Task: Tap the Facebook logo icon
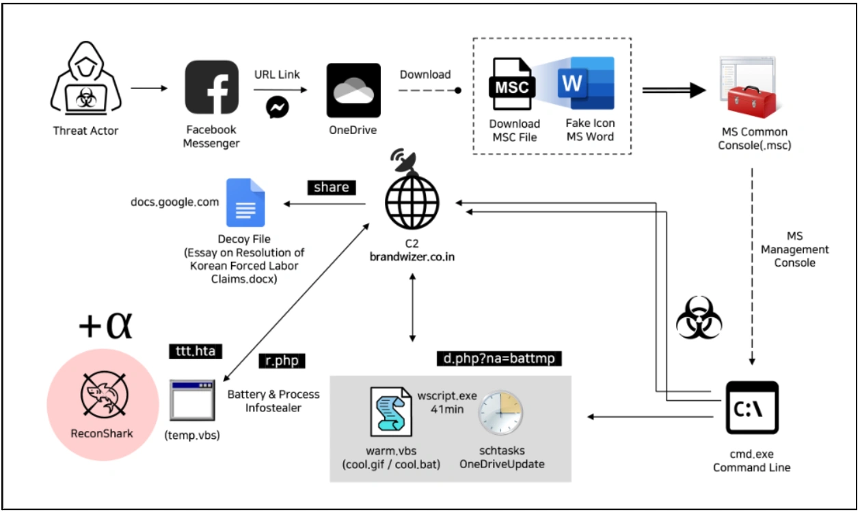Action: [x=211, y=87]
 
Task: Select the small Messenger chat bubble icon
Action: [x=277, y=107]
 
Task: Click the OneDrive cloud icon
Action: [x=353, y=90]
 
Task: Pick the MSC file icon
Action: [x=512, y=83]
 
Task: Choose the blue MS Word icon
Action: [x=586, y=83]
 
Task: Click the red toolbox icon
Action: [x=752, y=102]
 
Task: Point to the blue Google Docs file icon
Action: [x=245, y=202]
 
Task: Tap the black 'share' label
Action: [x=332, y=187]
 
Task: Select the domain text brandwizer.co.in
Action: [x=412, y=257]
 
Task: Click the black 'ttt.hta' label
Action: [x=196, y=351]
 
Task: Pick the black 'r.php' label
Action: [x=282, y=361]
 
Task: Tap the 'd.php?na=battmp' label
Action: [x=499, y=359]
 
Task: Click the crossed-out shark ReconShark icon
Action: [x=104, y=394]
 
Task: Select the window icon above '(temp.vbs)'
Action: [x=192, y=401]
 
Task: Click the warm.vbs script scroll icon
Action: [x=391, y=411]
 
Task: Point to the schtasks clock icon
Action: [x=500, y=413]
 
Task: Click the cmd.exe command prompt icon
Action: [x=752, y=407]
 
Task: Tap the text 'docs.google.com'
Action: [x=175, y=202]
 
